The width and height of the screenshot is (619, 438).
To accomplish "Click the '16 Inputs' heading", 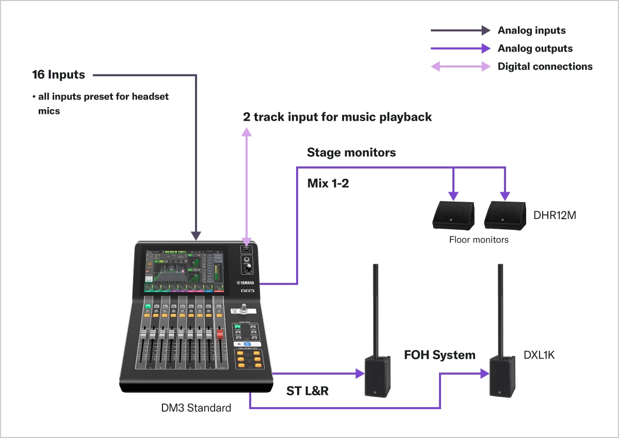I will click(x=58, y=75).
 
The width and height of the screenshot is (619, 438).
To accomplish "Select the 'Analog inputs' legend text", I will click(x=531, y=30).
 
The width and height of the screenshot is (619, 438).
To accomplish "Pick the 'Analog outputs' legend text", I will click(x=535, y=48).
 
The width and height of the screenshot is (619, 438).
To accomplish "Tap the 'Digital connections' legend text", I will click(x=545, y=66).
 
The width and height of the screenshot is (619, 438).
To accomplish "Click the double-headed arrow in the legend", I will click(x=460, y=66).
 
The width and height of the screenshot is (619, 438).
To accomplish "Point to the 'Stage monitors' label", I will click(x=351, y=153).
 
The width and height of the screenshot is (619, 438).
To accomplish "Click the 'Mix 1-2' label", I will click(x=328, y=183).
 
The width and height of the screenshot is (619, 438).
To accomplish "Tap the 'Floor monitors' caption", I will click(x=479, y=240).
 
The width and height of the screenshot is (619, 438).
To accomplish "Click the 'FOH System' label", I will click(x=439, y=355).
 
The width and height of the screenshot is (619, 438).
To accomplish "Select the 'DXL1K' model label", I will click(x=539, y=355).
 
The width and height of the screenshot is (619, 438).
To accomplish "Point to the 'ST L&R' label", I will click(x=307, y=391).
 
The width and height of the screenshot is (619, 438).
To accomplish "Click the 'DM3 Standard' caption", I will click(x=196, y=408).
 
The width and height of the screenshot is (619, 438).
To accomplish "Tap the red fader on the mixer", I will click(x=220, y=335).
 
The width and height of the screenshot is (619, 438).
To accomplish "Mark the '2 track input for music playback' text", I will click(x=337, y=117).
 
